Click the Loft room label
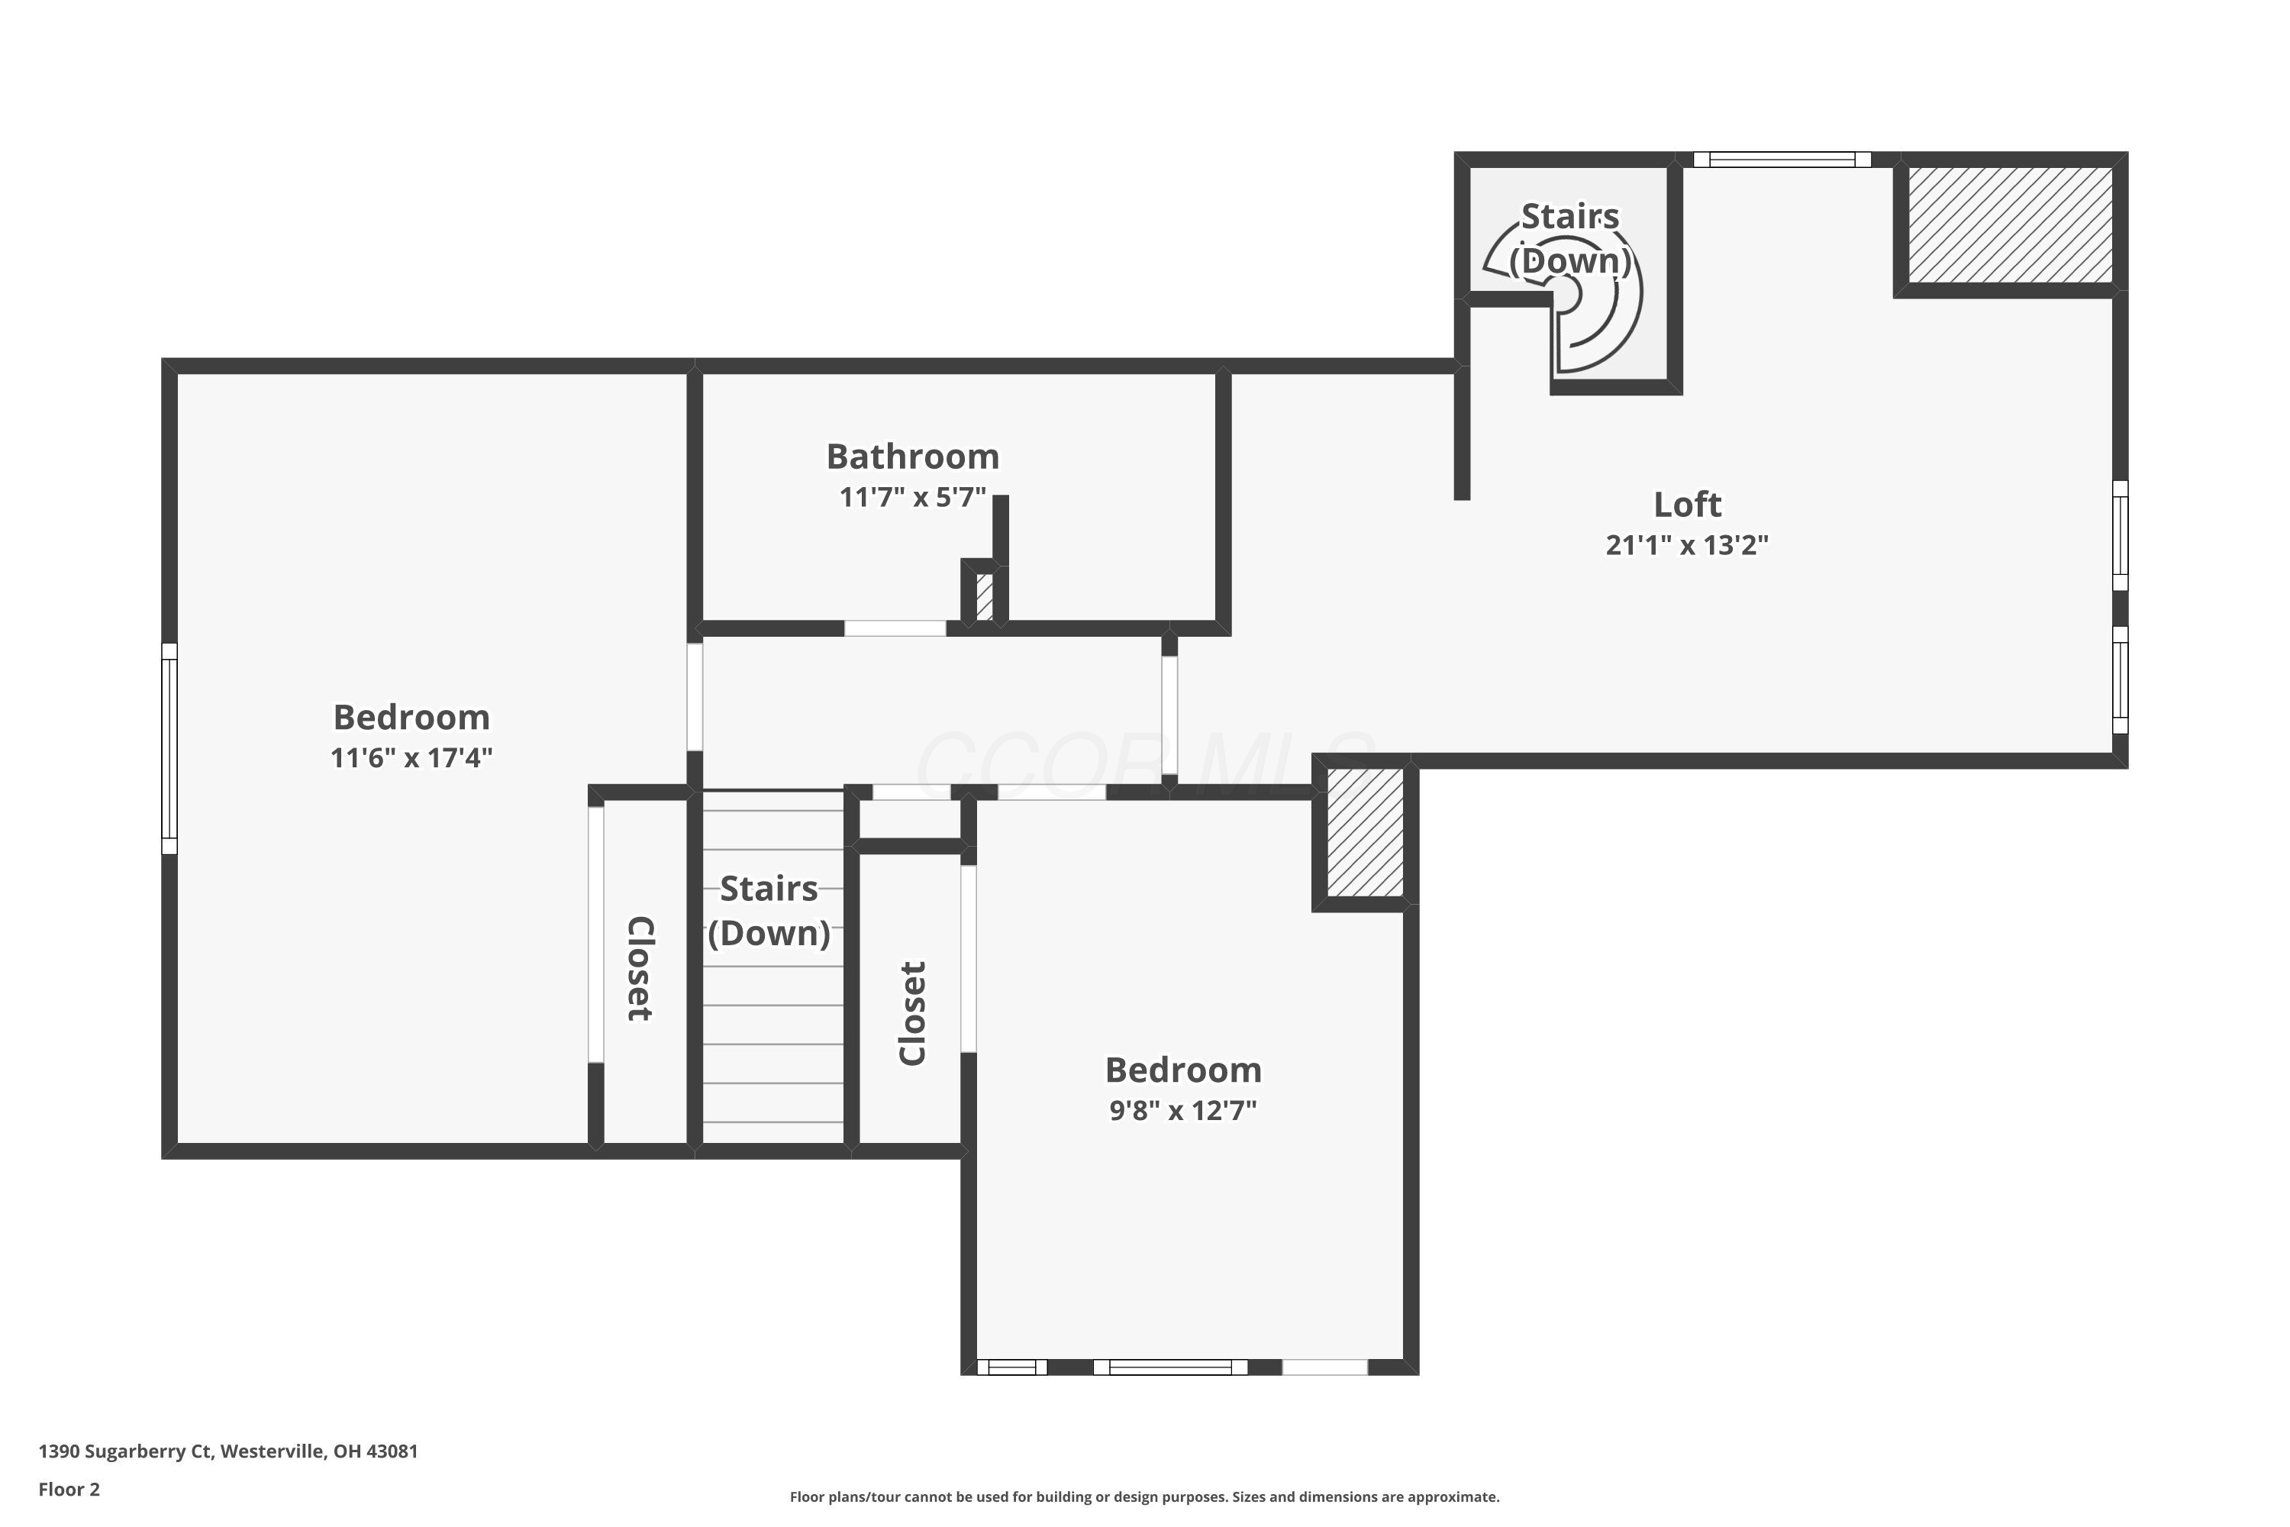tap(1686, 505)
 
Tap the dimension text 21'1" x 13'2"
tap(1686, 545)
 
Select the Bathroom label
tap(912, 457)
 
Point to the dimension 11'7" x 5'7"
tap(912, 498)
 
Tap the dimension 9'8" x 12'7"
tap(1183, 1110)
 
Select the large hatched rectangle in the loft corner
tap(2010, 225)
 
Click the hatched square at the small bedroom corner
tap(1365, 833)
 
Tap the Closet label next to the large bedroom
tap(640, 968)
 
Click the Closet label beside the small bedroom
tap(912, 1013)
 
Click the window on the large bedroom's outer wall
tap(169, 748)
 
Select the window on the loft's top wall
tap(1782, 160)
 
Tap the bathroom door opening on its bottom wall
tap(895, 628)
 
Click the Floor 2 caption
tap(69, 1489)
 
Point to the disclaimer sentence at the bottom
tap(1144, 1496)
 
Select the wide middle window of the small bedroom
tap(1170, 1367)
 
